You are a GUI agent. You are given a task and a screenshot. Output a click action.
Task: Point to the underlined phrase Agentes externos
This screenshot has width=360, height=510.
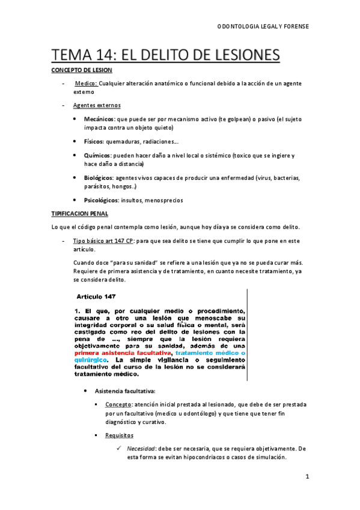pyautogui.click(x=97, y=105)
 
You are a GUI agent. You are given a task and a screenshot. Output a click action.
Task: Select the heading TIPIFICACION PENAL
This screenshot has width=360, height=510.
pyautogui.click(x=78, y=213)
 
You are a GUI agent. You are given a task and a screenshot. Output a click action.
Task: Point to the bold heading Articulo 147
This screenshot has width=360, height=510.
pyautogui.click(x=100, y=296)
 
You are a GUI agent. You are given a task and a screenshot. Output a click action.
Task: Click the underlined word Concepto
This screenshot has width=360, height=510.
pyautogui.click(x=118, y=405)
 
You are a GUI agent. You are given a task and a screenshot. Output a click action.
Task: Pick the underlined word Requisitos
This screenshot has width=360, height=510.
pyautogui.click(x=119, y=435)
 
